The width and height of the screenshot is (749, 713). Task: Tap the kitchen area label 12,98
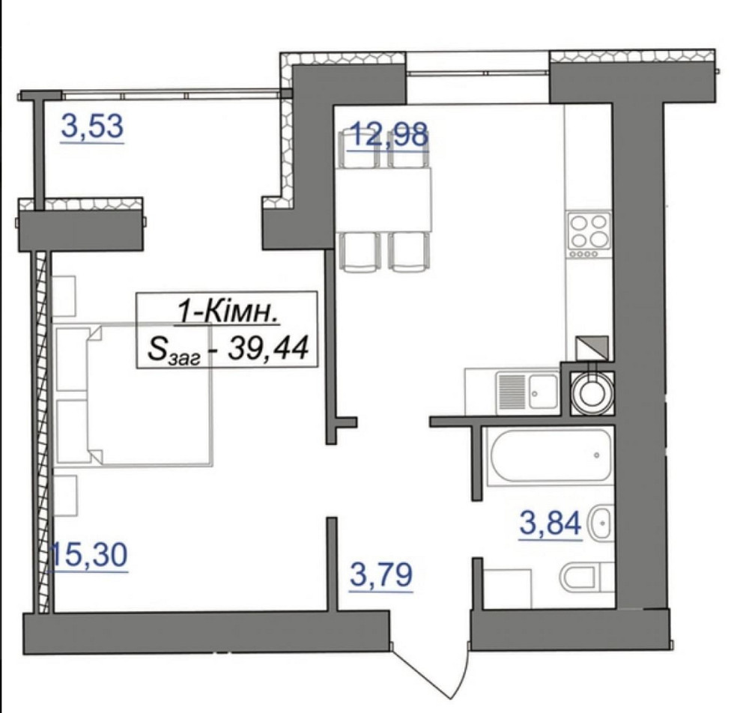coord(388,134)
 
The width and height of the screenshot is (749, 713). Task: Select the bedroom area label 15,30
coord(89,554)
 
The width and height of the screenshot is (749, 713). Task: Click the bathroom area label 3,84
coord(551,523)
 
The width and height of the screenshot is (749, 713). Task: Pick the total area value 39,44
coord(267,348)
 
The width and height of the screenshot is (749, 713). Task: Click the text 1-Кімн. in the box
coord(228,313)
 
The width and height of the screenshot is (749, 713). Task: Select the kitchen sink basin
coord(542,392)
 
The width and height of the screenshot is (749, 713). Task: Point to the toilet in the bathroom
coord(587,577)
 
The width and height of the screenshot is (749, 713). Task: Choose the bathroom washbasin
coord(602,523)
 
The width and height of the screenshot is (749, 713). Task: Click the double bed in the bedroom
coord(134,394)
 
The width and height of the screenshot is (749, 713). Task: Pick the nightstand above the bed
coord(64,295)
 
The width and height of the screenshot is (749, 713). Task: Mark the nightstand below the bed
coord(65,495)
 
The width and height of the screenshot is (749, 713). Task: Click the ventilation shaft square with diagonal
coord(592,348)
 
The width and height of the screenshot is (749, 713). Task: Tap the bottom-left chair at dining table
coord(360,252)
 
